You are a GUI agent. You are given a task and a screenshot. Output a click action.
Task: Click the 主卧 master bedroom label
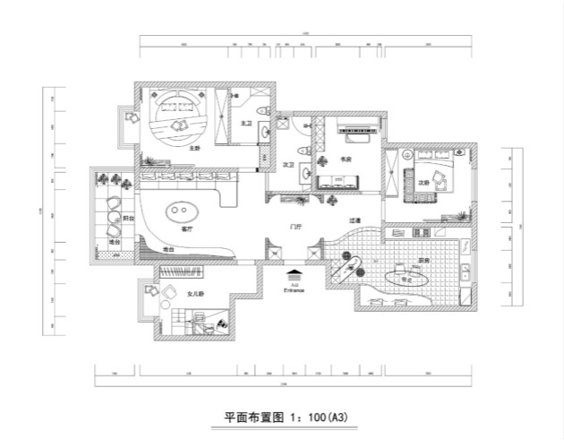[194, 149]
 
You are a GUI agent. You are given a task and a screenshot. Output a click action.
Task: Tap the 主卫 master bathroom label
[247, 123]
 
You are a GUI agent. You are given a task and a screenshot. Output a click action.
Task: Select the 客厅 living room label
[187, 229]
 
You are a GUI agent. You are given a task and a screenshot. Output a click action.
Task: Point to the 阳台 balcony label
[128, 218]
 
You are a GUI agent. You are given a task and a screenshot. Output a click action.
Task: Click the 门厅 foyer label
[295, 228]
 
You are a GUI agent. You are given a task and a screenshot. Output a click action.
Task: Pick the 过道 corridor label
[355, 220]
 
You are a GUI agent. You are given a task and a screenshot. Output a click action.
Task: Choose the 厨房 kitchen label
[423, 261]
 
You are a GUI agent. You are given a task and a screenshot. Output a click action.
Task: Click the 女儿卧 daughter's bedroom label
[195, 293]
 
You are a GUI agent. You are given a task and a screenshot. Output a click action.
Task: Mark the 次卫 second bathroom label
[289, 166]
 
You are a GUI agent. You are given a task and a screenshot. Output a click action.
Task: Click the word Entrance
[295, 290]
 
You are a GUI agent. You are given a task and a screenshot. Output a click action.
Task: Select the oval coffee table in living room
[180, 212]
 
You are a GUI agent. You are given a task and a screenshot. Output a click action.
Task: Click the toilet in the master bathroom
[261, 110]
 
